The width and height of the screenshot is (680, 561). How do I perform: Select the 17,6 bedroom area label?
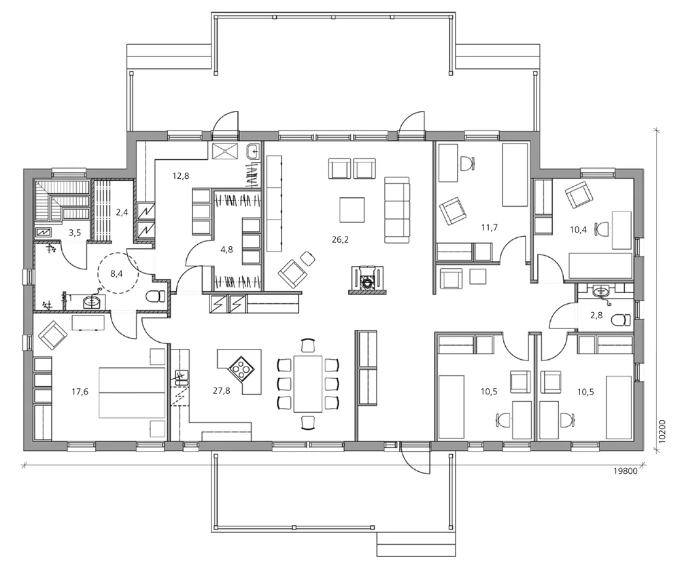pos(80,392)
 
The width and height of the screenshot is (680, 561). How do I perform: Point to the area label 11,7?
pos(490,227)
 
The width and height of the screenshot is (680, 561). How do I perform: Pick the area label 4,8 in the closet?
pos(227,250)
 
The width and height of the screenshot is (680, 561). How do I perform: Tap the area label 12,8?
pos(180,176)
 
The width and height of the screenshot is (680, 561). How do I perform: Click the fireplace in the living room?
pos(367,278)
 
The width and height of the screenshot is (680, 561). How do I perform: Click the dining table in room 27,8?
pos(308,383)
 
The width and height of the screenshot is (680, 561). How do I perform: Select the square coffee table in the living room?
pos(352,209)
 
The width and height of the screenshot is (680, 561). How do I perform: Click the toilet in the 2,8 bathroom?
pos(619,319)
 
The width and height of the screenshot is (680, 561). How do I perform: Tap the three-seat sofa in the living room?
pos(396,209)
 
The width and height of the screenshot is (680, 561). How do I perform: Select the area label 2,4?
pos(122,212)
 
